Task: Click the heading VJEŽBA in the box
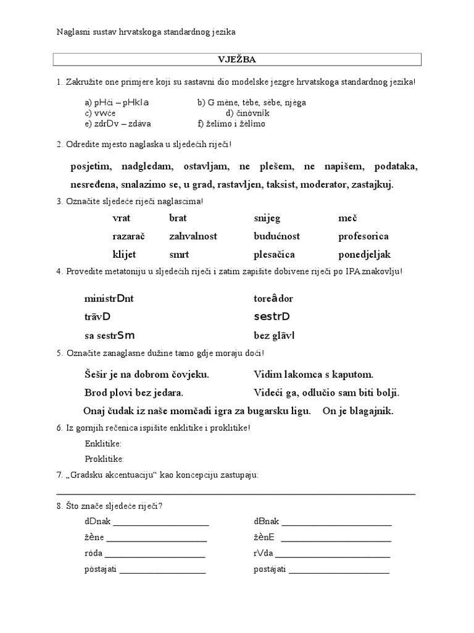(237, 59)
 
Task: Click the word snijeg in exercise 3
(266, 218)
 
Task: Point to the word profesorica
(363, 236)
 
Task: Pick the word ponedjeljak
(364, 254)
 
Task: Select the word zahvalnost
(193, 236)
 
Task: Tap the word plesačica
(274, 254)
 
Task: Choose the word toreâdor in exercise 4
(273, 299)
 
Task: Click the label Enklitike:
(103, 444)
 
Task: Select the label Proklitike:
(104, 459)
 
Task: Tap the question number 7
(58, 475)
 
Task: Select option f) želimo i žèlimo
(231, 124)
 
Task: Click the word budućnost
(276, 236)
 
